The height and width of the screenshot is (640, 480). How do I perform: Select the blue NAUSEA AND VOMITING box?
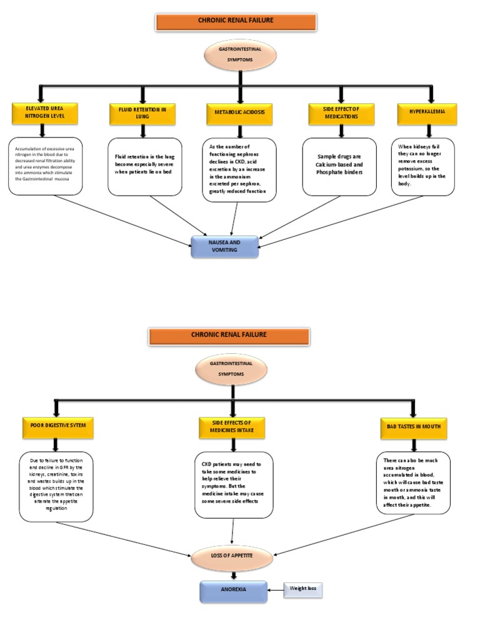224,246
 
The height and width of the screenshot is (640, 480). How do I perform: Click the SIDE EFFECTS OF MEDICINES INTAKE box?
232,427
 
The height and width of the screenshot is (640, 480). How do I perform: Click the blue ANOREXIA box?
233,591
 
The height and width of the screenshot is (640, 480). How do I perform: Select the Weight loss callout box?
303,589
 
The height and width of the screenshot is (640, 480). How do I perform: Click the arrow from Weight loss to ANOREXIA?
276,589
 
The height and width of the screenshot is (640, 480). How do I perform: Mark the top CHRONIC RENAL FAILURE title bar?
236,21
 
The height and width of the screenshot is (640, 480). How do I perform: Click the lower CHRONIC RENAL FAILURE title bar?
229,336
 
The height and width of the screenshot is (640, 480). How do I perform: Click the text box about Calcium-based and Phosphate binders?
339,166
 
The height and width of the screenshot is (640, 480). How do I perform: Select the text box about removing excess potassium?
423,167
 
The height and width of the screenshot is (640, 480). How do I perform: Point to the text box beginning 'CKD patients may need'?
234,486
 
